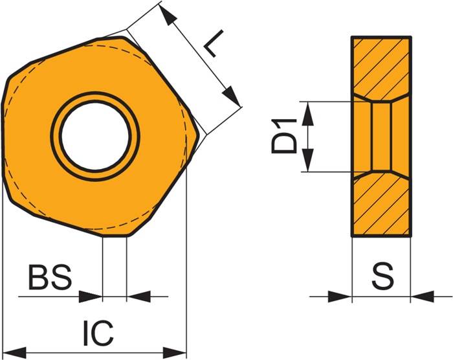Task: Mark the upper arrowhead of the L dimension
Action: tap(168, 17)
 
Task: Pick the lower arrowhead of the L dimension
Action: tap(231, 96)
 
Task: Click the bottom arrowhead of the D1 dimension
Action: tap(308, 164)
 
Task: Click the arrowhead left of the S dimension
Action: tap(340, 297)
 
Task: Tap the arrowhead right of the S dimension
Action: tap(421, 297)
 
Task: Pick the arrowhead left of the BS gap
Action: tap(91, 297)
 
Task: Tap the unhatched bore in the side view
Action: tap(381, 137)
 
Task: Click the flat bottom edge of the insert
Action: tap(115, 236)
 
